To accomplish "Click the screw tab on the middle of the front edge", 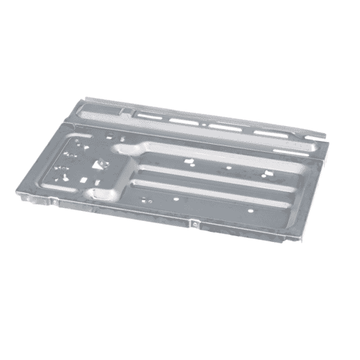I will (195, 224).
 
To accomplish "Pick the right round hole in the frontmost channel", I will (249, 210).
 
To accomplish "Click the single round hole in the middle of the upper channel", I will (228, 168).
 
